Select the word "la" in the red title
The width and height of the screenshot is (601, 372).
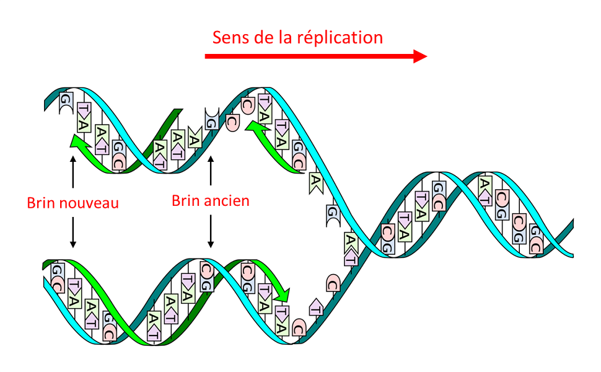(x=294, y=37)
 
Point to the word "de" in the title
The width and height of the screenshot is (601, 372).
(x=266, y=37)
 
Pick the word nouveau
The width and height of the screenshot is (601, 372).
(x=88, y=203)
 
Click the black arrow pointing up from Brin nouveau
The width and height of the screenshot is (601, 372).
(x=73, y=172)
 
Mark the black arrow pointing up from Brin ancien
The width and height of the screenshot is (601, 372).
(x=211, y=170)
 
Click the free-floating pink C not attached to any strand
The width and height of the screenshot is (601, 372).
(x=233, y=122)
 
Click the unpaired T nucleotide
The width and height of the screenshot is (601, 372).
(x=315, y=307)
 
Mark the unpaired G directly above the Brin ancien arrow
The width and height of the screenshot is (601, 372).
(x=211, y=119)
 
